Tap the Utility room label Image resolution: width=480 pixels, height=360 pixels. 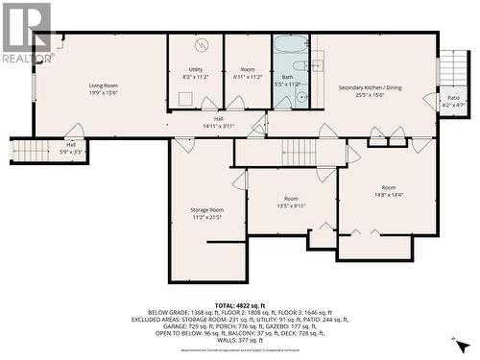(195, 70)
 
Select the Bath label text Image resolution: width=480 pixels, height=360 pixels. (287, 77)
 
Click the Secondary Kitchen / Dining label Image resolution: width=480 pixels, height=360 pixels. (374, 87)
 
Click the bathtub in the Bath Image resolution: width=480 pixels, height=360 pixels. (290, 46)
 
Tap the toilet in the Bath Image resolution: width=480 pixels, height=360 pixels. (300, 97)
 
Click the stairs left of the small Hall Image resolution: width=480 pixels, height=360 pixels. (29, 151)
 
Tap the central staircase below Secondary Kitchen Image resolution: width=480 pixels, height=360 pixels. (298, 151)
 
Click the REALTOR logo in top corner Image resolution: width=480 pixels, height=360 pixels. (26, 32)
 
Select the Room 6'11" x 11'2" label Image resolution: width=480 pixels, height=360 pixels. (248, 74)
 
